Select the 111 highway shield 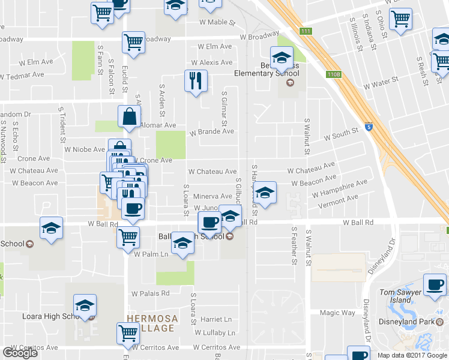tap(307, 31)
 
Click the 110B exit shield tap(333, 74)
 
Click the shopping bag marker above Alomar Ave tap(130, 118)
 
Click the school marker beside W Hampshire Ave tap(264, 193)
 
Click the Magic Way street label tap(337, 313)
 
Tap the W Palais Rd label tap(150, 293)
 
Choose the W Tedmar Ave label tap(22, 76)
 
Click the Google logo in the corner tap(20, 353)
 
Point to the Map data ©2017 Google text tap(412, 355)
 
